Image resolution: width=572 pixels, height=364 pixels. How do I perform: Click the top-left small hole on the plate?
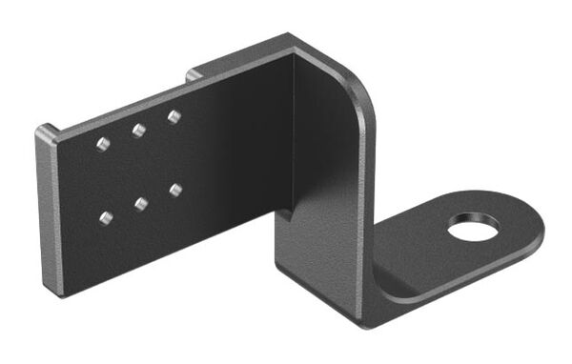[x=103, y=145]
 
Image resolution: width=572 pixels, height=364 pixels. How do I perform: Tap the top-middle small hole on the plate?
[x=139, y=131]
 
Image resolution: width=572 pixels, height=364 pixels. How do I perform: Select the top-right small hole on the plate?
[x=174, y=117]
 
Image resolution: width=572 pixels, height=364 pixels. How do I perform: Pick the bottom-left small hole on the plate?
[x=106, y=218]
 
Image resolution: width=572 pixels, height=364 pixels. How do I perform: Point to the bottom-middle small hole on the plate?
[x=141, y=203]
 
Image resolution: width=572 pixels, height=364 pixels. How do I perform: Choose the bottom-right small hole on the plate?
[x=176, y=190]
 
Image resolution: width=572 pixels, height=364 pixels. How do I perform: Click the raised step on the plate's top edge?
[x=194, y=73]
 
